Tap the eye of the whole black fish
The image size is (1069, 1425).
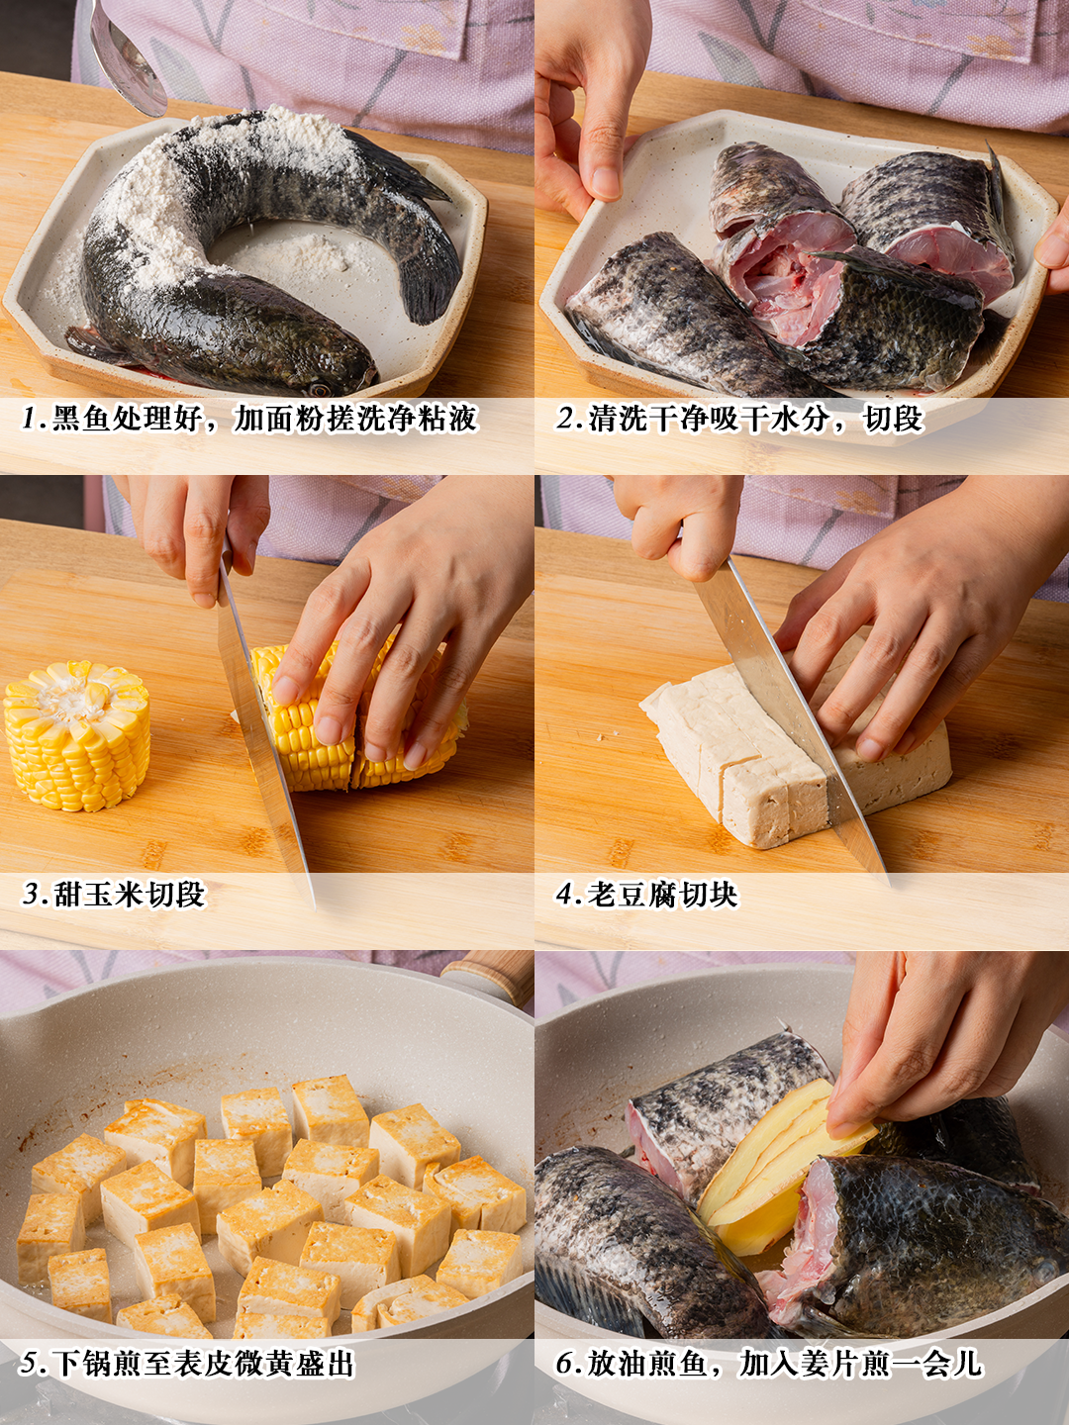320,389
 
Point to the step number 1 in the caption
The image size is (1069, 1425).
31,418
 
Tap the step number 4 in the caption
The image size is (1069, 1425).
565,895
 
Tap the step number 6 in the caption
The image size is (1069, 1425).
565,1364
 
